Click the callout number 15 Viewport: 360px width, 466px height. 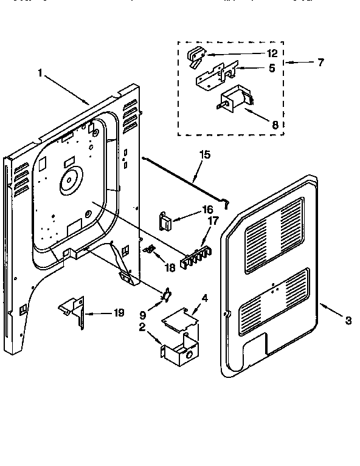(205, 155)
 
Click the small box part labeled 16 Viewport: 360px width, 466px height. (165, 220)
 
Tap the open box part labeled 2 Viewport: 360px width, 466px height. (180, 352)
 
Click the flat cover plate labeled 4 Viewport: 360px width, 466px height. (179, 320)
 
